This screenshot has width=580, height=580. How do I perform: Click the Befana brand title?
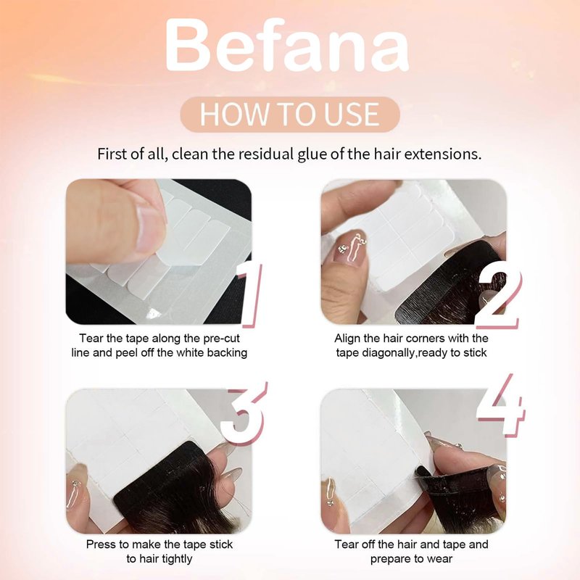pyautogui.click(x=287, y=46)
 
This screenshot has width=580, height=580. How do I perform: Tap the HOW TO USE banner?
pyautogui.click(x=290, y=115)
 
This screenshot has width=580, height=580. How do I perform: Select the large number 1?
pyautogui.click(x=249, y=295)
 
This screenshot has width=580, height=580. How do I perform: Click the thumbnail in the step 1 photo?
pyautogui.click(x=151, y=229)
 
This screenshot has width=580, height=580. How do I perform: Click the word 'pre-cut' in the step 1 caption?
pyautogui.click(x=221, y=339)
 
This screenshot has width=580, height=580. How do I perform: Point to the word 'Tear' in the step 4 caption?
pyautogui.click(x=347, y=544)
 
